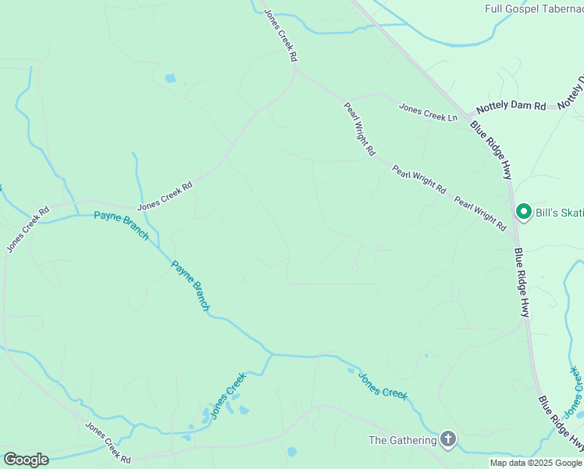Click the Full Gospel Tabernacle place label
pos(533,9)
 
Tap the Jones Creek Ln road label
pos(429,113)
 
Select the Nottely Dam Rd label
pos(511,106)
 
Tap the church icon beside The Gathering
pos(448,439)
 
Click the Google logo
pos(26,460)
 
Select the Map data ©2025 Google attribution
pos(536,463)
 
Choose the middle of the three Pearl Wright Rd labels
pos(418,180)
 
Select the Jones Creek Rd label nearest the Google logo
pos(108,442)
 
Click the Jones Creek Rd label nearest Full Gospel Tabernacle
pos(280,35)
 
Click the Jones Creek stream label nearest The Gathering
pos(383,385)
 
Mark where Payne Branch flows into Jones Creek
pos(272,353)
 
